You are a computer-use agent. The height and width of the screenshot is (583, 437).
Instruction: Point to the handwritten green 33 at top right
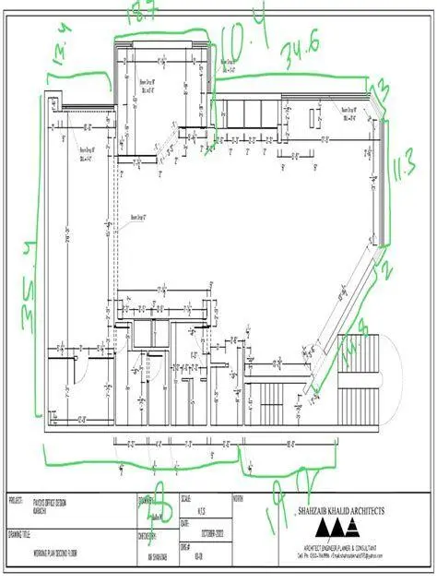pos(377,89)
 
